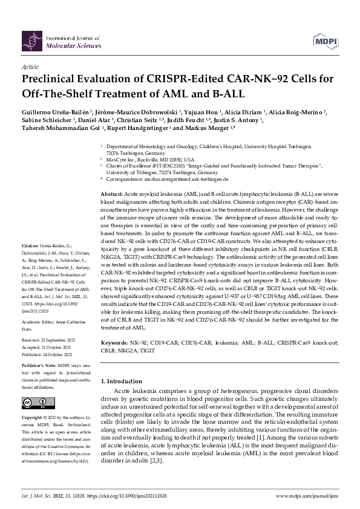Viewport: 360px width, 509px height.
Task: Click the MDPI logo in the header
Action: point(325,41)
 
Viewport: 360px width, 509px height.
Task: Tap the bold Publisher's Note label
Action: point(39,366)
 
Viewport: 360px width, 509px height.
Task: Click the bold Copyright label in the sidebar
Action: point(33,418)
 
